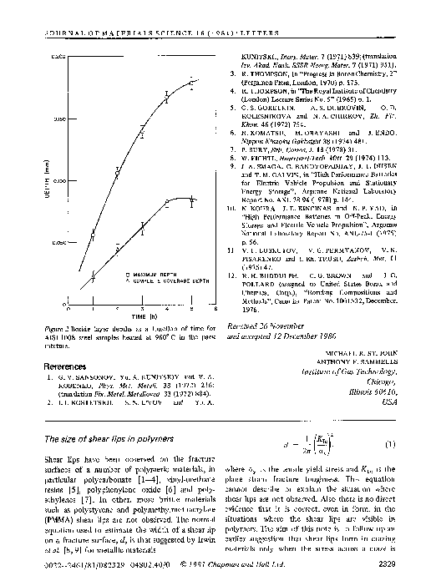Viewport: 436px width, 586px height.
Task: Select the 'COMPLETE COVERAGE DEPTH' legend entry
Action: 160,280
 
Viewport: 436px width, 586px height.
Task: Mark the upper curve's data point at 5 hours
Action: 190,83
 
